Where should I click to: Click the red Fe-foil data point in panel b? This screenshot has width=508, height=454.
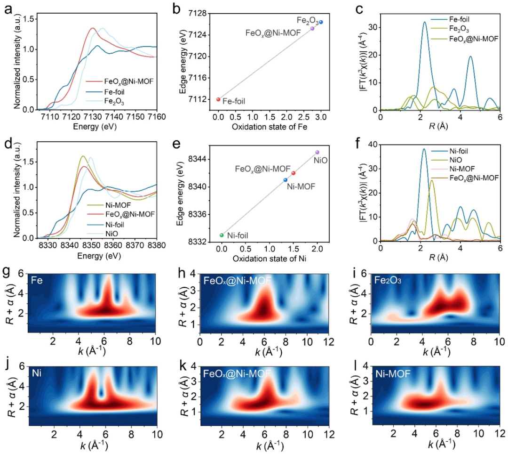click(x=218, y=99)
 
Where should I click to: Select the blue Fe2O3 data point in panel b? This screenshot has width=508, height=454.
click(x=321, y=22)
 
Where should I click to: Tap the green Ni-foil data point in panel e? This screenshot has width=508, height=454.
click(x=222, y=235)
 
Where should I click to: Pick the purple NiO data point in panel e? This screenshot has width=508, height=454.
click(x=317, y=152)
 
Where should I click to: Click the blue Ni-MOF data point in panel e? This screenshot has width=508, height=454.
click(x=286, y=180)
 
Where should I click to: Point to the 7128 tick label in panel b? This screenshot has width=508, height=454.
click(x=197, y=13)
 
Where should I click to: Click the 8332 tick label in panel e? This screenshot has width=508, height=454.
click(x=197, y=242)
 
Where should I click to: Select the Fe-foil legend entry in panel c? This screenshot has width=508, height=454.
click(x=450, y=19)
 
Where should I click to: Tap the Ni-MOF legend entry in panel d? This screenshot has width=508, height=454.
click(x=109, y=205)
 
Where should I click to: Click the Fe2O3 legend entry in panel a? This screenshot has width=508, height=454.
click(x=105, y=102)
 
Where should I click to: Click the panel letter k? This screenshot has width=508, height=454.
click(x=183, y=365)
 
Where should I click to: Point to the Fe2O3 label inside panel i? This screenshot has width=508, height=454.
click(x=388, y=280)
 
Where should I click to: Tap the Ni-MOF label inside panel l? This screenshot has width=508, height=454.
click(x=393, y=374)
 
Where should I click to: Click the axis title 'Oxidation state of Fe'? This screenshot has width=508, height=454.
click(x=270, y=127)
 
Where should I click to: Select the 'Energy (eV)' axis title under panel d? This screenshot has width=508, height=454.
click(x=99, y=256)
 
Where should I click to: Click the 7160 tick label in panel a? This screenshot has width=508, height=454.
click(x=157, y=117)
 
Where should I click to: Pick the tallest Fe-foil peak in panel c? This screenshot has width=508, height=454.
click(x=425, y=22)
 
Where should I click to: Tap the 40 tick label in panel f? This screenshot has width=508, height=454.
click(x=373, y=145)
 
